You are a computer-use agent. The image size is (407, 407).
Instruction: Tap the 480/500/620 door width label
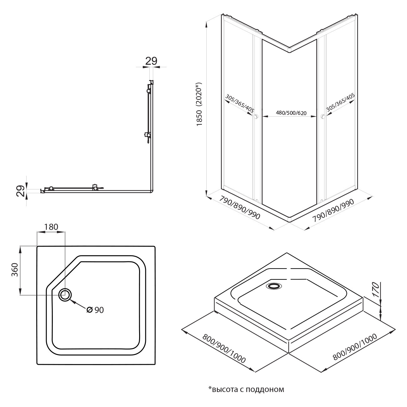289,113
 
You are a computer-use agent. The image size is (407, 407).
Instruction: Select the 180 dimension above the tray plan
51,227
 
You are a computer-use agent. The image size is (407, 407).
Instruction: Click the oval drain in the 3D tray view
274,286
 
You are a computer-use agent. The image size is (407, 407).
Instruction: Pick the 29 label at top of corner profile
151,61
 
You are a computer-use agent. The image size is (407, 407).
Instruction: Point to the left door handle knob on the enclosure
256,117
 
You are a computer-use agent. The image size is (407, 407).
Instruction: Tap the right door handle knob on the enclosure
322,117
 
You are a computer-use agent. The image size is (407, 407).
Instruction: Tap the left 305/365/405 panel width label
239,103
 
